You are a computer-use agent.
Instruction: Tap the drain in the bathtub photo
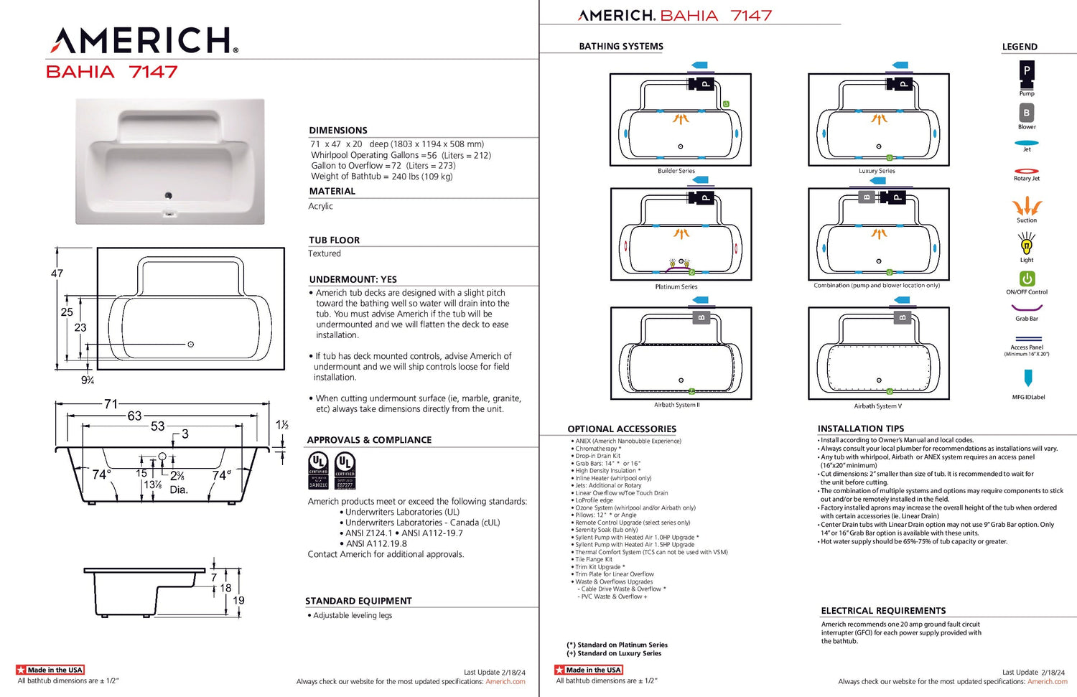[x=169, y=195]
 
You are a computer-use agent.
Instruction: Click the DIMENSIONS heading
[x=338, y=130]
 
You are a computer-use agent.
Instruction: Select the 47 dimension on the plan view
[x=57, y=273]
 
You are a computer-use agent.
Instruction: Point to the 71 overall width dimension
[x=111, y=404]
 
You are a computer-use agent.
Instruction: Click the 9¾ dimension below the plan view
[x=88, y=380]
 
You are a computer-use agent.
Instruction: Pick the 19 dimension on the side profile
[x=238, y=600]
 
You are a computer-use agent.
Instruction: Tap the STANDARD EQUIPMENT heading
[x=358, y=601]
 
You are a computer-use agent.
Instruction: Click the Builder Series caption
[x=676, y=171]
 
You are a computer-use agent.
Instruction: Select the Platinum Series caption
[x=676, y=286]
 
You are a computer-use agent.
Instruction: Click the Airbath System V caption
[x=877, y=406]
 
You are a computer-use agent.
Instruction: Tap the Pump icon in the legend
[x=1027, y=71]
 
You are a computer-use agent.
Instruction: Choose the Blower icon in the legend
[x=1027, y=113]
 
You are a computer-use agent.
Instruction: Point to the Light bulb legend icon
[x=1027, y=245]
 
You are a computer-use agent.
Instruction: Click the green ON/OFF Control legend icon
[x=1027, y=279]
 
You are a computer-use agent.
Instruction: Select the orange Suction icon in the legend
[x=1027, y=207]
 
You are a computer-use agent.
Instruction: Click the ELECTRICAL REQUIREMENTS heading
[x=883, y=611]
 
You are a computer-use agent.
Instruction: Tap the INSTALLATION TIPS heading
[x=861, y=429]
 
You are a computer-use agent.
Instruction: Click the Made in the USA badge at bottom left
[x=50, y=670]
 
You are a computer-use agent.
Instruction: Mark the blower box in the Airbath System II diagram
[x=701, y=317]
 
